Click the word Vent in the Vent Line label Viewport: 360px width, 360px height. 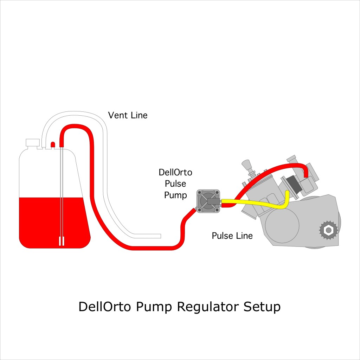(x=117, y=115)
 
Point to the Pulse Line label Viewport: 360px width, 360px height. (x=232, y=236)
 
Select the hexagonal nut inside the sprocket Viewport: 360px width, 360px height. (x=328, y=230)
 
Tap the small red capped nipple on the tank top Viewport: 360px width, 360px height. (x=53, y=144)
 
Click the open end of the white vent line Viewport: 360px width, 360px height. (x=159, y=236)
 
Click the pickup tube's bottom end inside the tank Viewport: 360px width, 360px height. (x=62, y=242)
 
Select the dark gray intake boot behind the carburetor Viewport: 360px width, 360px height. (x=292, y=184)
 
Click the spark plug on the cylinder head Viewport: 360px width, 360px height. (x=247, y=165)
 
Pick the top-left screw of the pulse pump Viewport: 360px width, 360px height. (x=199, y=192)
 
